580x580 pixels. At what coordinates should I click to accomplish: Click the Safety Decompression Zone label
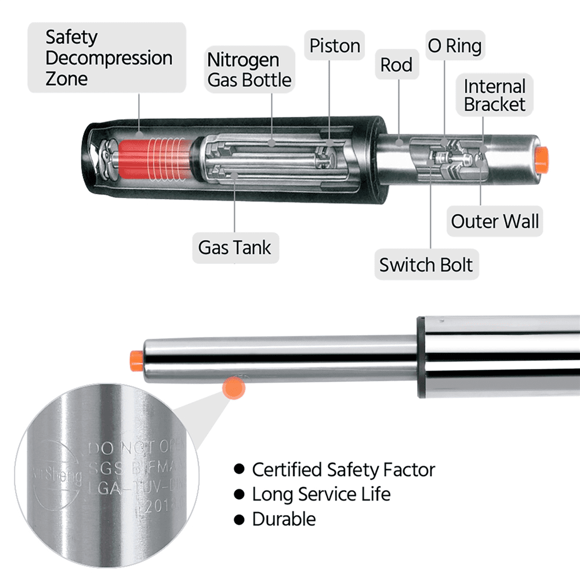pos(108,58)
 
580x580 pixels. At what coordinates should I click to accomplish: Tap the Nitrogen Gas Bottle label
pos(250,70)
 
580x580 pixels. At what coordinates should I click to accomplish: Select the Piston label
pos(335,46)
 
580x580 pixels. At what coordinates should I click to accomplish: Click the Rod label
pos(396,65)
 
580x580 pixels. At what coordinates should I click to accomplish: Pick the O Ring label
pos(454,46)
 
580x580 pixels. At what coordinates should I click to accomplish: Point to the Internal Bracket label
pos(494,96)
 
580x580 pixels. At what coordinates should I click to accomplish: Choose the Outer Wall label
pos(494,221)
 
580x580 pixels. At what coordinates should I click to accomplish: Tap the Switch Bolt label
pos(426,265)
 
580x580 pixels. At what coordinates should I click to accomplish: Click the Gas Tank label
pos(234,248)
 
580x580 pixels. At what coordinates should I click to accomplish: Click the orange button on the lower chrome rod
pos(137,360)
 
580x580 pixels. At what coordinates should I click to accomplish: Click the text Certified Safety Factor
pos(343,469)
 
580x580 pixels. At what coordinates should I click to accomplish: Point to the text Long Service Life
pos(321,494)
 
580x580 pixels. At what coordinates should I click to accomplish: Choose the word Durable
pos(284,519)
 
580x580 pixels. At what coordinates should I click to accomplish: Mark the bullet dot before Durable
pos(238,519)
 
